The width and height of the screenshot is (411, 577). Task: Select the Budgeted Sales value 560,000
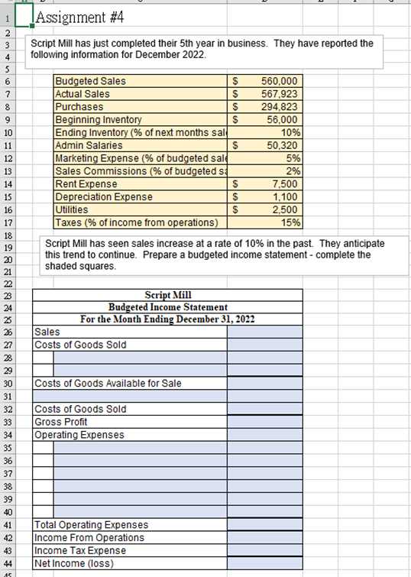coord(279,81)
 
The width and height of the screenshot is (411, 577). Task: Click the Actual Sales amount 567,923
coord(279,94)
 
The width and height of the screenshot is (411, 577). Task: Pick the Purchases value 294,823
coord(279,107)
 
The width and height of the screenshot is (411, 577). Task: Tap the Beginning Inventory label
coord(99,120)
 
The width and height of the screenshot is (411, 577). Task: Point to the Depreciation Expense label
coord(104,197)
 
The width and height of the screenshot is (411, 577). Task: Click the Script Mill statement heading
coord(168,295)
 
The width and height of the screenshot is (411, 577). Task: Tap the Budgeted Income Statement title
coord(168,306)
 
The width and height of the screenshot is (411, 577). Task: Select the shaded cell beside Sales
coord(264,332)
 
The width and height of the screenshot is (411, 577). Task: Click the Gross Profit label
coord(61,422)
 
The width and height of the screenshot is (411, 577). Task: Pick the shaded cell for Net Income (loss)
coord(264,564)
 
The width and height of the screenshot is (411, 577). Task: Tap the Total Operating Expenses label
coord(92,525)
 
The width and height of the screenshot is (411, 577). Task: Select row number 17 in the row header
coord(7,222)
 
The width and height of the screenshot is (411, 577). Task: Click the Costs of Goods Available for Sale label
coord(108,383)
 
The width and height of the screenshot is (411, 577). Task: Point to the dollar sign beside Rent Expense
coord(237,184)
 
